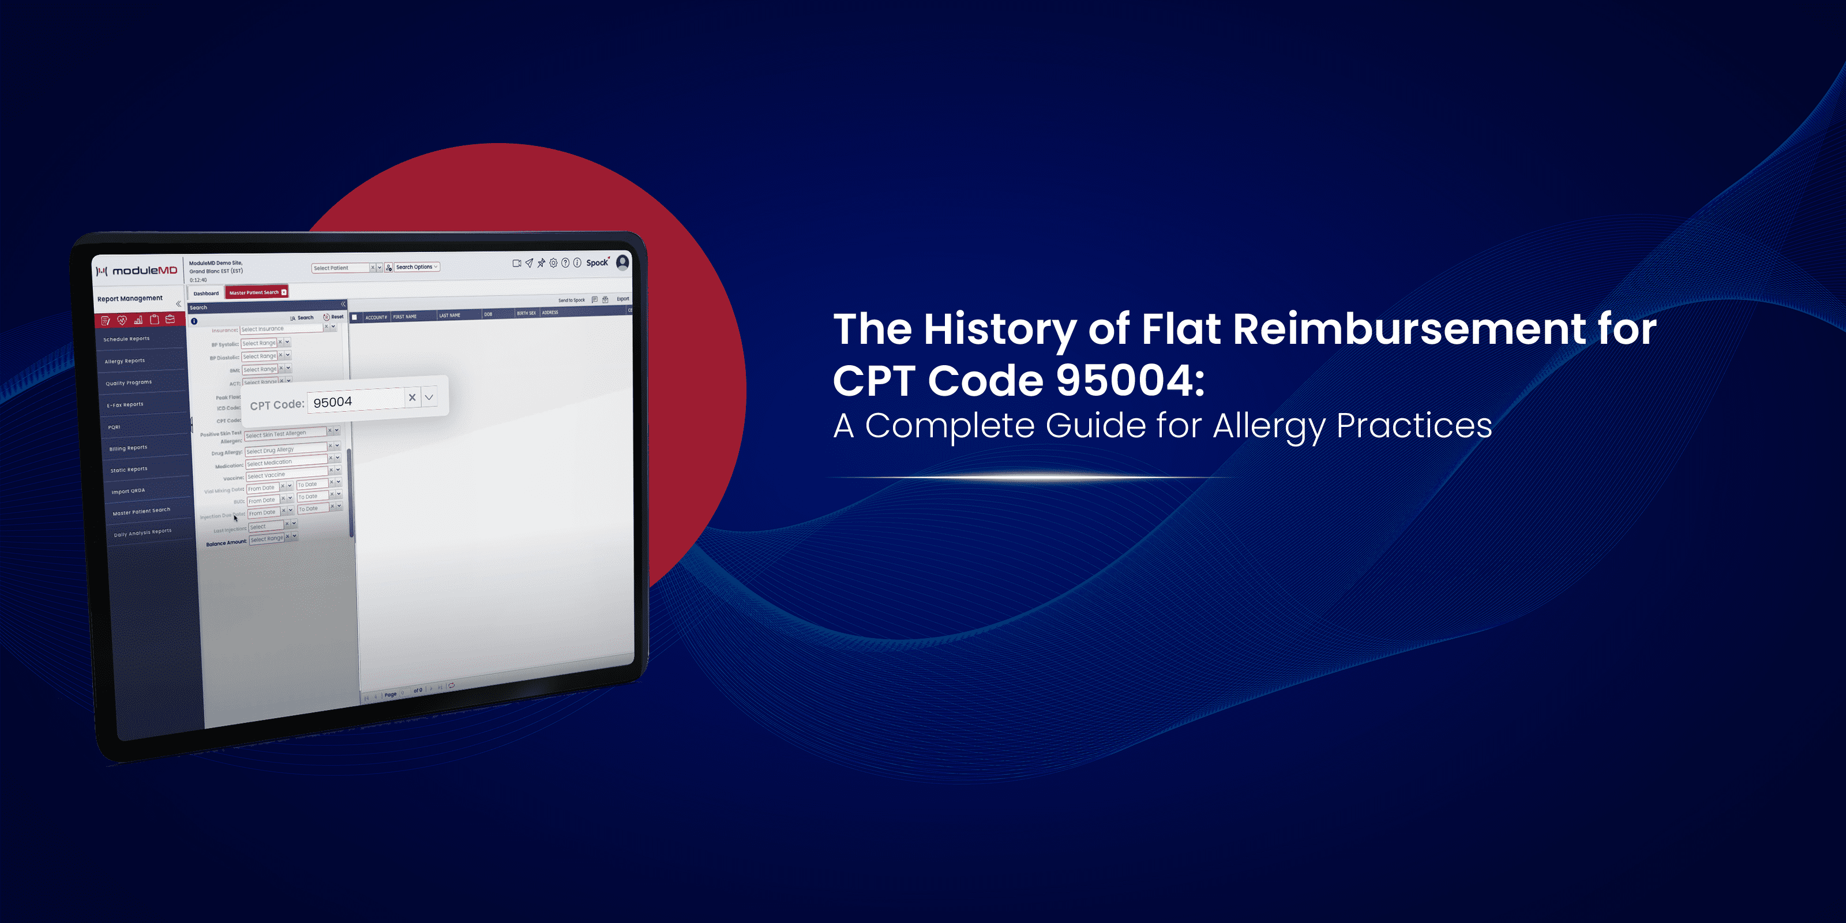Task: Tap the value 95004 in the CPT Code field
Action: pos(332,402)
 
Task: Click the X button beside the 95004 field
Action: pos(412,397)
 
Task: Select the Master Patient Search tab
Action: pos(255,292)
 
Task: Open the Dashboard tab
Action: pos(206,293)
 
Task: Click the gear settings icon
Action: pos(553,263)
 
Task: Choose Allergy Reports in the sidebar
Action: pos(125,361)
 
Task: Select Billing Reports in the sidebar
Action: pos(128,448)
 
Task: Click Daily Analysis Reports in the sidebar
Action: pos(142,532)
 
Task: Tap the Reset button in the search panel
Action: pos(334,317)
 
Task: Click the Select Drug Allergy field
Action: pos(285,450)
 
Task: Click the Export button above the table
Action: pos(623,299)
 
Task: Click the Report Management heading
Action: pos(130,299)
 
